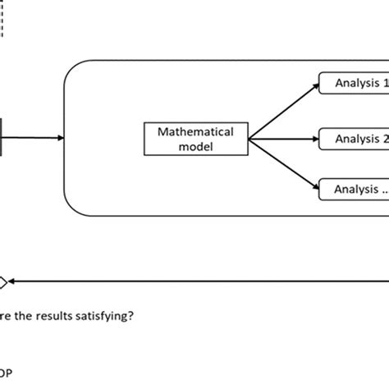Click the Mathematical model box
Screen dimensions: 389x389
195,138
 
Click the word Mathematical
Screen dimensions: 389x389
195,131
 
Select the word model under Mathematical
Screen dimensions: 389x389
195,145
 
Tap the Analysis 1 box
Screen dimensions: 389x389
353,83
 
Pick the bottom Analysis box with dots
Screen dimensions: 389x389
353,190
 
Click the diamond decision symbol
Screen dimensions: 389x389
2,283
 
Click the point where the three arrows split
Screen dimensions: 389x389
249,138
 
